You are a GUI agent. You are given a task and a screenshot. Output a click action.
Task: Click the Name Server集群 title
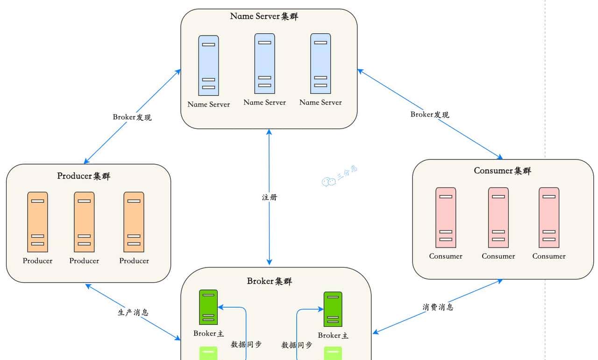264,16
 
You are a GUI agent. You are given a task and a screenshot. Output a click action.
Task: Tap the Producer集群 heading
84,176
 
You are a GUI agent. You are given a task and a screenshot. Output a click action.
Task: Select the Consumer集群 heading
502,171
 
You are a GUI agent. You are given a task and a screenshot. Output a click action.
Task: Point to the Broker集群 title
270,281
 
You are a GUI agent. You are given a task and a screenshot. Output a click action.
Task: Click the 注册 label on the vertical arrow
269,197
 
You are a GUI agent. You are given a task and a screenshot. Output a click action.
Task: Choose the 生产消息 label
133,312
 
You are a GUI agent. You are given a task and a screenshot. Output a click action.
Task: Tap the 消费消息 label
438,307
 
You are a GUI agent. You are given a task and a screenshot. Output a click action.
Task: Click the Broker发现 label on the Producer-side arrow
132,117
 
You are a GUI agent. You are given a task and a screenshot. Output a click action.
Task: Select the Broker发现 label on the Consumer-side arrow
430,114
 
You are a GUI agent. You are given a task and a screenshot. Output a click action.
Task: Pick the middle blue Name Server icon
264,64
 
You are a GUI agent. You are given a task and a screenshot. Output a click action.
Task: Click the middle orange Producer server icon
84,222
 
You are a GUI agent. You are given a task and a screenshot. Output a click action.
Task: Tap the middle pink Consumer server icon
498,217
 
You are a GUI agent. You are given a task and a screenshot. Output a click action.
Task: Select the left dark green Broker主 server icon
208,307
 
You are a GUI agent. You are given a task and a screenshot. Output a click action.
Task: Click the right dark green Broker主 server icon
333,309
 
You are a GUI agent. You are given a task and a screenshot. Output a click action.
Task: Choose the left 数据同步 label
246,345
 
